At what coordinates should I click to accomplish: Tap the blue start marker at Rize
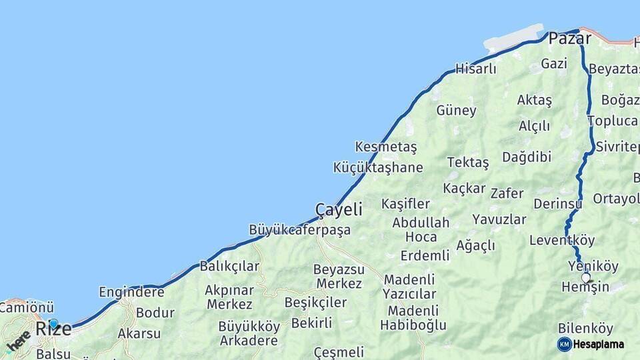point(53,323)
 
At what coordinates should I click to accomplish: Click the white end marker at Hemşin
point(586,277)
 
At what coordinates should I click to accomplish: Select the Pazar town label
point(569,39)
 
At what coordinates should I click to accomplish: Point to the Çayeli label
point(339,209)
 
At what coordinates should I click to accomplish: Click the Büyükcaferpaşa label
point(299,230)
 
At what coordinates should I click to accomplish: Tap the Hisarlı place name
point(475,69)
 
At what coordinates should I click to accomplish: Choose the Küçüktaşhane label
point(377,167)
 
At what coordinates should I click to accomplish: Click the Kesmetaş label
point(385,147)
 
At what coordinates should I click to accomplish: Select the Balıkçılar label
point(229,267)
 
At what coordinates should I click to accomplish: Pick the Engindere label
point(131,292)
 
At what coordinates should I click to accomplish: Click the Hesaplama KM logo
point(591,344)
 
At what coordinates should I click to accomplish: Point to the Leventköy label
point(562,241)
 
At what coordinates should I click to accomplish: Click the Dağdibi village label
point(527,157)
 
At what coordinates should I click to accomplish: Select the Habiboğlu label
point(413,325)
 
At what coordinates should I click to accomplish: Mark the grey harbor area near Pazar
point(514,39)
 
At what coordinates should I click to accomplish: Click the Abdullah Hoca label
point(421,229)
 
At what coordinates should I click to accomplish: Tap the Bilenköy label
point(585,329)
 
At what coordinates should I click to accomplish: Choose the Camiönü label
point(27,307)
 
